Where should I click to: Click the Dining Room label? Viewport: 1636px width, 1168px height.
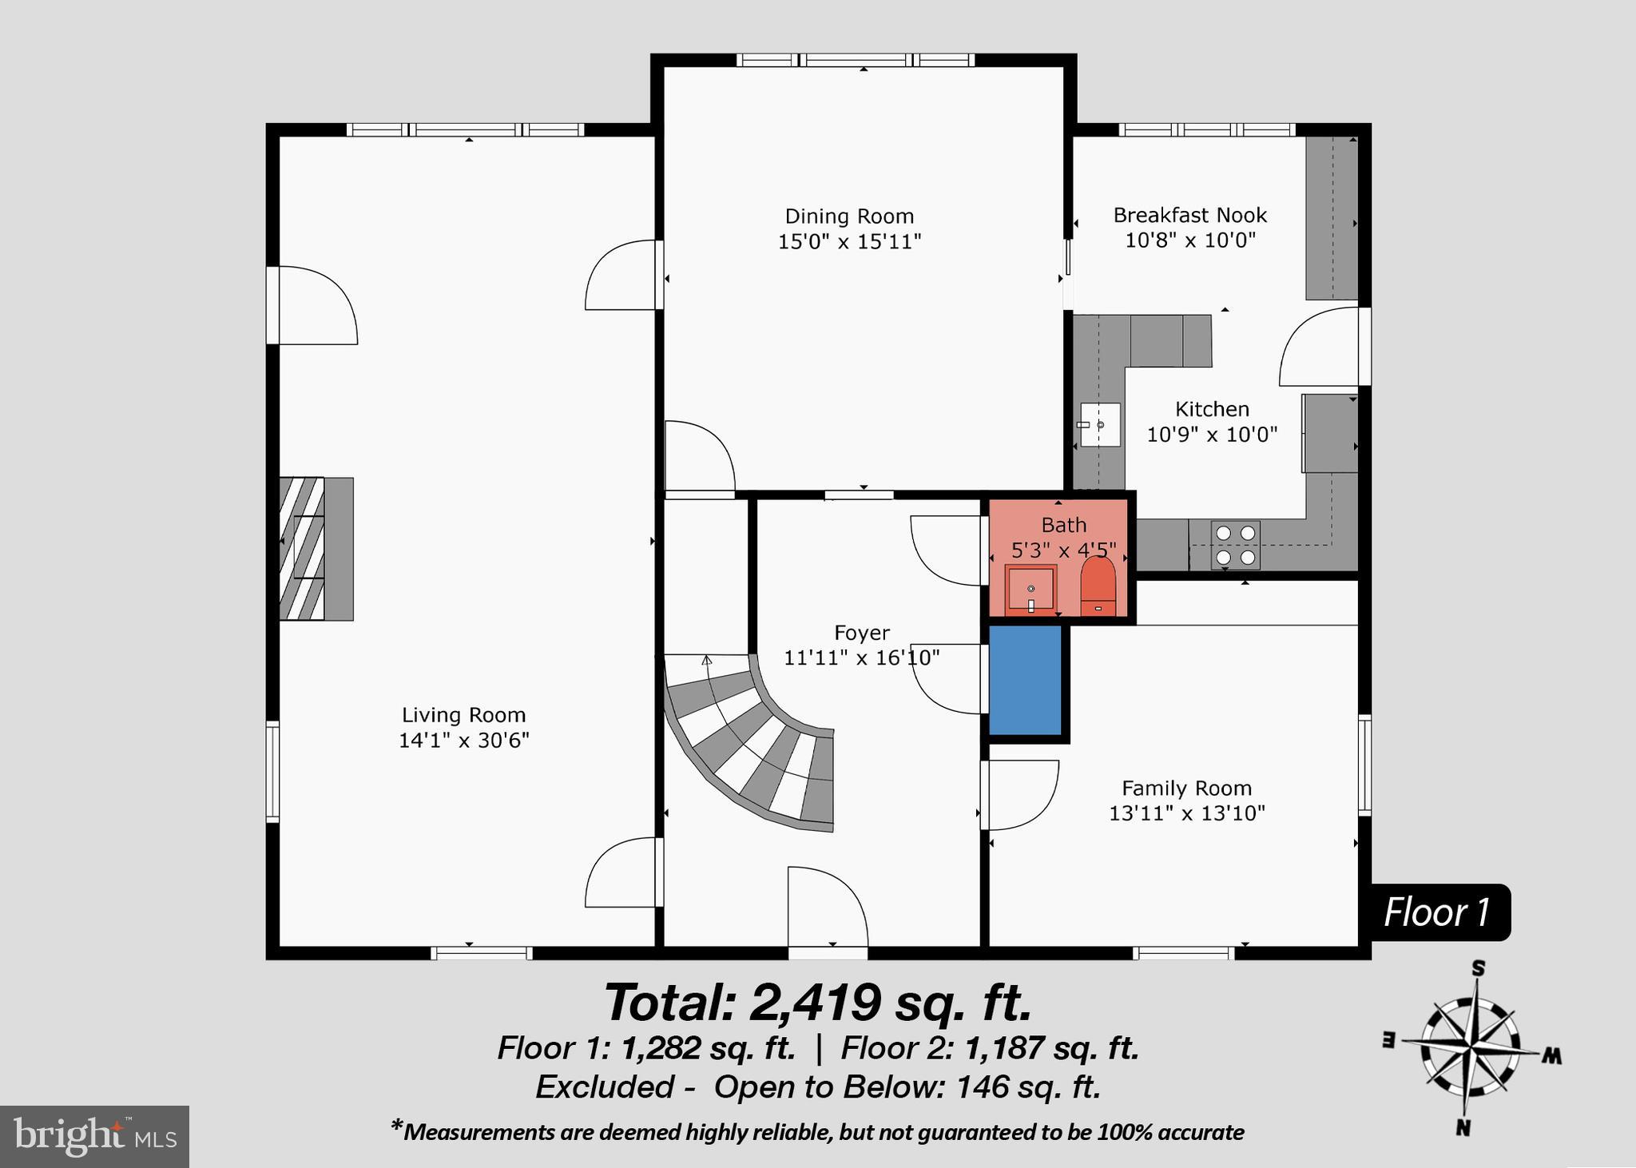[848, 217]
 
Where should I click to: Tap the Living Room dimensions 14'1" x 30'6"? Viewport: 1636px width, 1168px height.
[464, 741]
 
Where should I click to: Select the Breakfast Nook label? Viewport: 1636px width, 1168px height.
[1189, 215]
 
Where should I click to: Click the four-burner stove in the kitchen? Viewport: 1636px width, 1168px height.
[1235, 545]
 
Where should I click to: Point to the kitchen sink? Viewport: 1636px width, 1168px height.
[1100, 425]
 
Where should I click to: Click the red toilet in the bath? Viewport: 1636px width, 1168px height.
[1098, 586]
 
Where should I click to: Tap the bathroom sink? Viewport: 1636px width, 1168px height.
[1030, 588]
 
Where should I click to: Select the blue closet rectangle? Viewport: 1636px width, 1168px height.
[1025, 681]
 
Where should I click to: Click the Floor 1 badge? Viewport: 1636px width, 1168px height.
[1436, 912]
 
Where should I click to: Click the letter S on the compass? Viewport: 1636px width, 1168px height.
[1478, 970]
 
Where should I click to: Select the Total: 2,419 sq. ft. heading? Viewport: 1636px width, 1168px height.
[818, 1003]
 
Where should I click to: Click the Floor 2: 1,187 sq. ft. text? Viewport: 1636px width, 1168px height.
[989, 1048]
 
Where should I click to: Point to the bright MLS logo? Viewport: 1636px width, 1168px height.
[94, 1136]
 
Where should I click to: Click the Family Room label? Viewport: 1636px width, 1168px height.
[1186, 789]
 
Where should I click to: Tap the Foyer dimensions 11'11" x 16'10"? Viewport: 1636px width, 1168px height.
[861, 658]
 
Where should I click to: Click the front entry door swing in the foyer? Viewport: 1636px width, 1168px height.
[827, 908]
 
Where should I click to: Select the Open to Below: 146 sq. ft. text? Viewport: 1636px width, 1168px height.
[907, 1087]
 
